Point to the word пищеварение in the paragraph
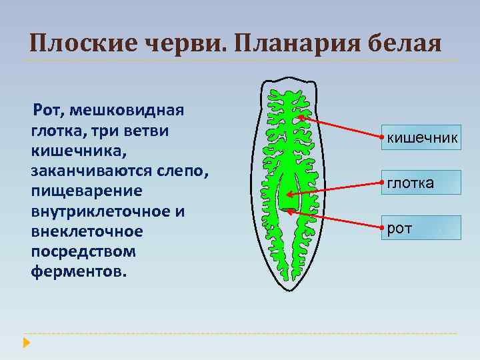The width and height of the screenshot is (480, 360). click(86, 191)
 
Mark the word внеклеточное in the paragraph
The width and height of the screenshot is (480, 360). click(87, 232)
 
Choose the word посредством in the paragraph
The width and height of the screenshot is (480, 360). click(83, 252)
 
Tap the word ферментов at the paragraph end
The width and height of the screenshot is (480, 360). click(77, 272)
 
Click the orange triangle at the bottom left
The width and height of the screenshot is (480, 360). click(26, 343)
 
